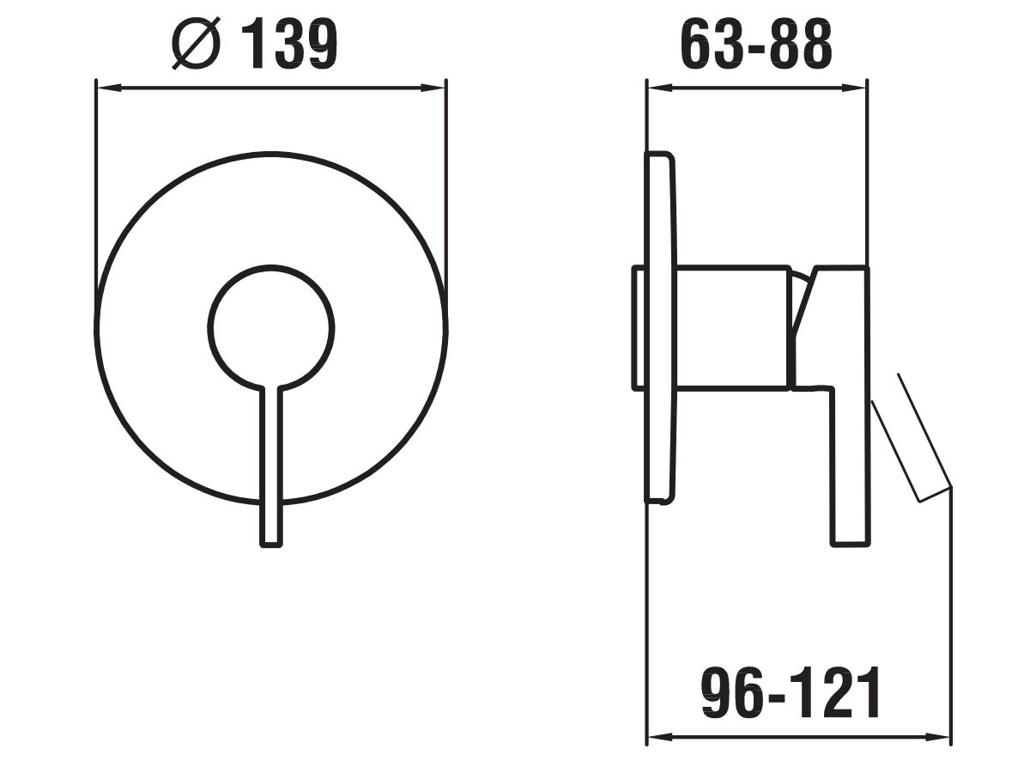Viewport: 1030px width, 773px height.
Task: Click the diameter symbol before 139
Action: pyautogui.click(x=196, y=43)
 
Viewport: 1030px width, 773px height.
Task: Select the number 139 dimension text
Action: pyautogui.click(x=290, y=45)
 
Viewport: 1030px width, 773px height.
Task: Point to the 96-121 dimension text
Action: pyautogui.click(x=791, y=693)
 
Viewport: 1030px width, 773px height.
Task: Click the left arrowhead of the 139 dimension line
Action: pyautogui.click(x=108, y=88)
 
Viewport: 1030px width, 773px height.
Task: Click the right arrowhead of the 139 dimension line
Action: pyautogui.click(x=433, y=88)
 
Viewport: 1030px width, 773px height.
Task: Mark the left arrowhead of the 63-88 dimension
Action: pyautogui.click(x=659, y=88)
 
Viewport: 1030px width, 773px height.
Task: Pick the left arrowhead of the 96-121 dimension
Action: pyautogui.click(x=659, y=737)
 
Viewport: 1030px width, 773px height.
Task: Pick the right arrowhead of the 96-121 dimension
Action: pyautogui.click(x=936, y=737)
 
